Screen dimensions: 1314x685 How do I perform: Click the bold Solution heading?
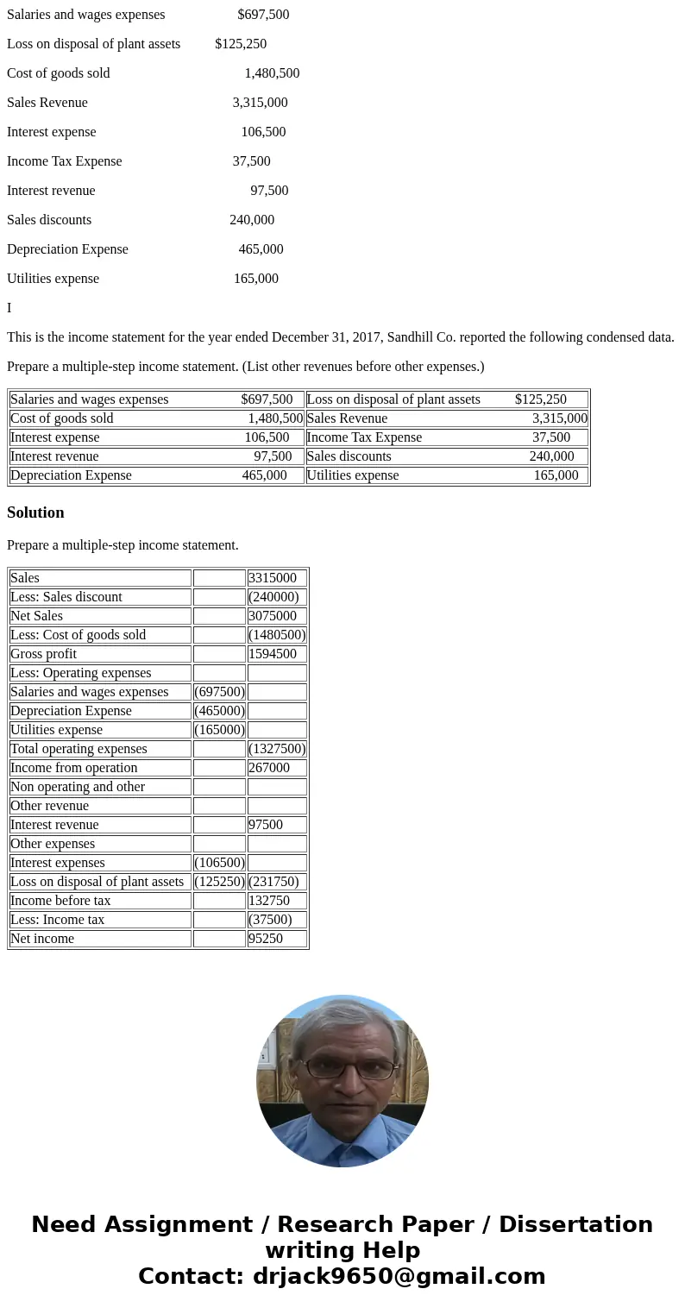point(35,512)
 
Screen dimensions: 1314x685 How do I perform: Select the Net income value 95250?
point(266,939)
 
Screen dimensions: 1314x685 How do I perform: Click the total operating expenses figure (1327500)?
point(277,749)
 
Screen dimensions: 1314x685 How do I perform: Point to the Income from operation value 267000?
point(269,768)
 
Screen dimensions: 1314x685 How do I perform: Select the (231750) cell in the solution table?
point(273,882)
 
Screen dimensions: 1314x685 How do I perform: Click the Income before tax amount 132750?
point(269,901)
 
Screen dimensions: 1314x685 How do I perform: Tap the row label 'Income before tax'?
point(60,901)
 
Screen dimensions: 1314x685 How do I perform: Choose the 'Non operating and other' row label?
point(78,787)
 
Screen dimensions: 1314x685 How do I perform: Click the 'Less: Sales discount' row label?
point(66,597)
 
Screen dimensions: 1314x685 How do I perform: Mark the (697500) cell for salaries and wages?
point(219,692)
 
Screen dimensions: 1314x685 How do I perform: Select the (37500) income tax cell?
point(270,920)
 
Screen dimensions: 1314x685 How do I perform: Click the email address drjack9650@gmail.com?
point(399,1276)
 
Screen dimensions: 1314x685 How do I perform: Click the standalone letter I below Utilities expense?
point(9,308)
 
